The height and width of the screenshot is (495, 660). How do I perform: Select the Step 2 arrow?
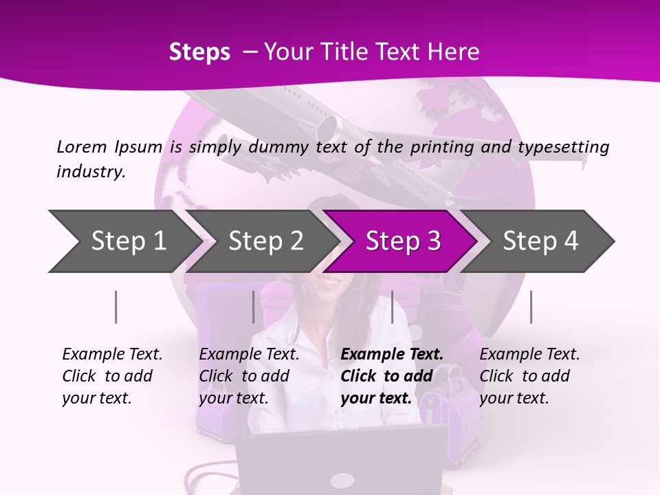pos(265,241)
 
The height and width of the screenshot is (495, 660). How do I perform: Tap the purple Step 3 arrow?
pos(403,241)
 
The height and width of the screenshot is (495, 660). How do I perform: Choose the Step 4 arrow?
pos(540,241)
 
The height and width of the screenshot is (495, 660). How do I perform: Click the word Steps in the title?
pos(199,52)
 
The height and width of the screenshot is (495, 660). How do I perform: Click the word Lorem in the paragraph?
pos(81,146)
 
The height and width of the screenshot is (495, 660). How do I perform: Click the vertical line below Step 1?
pos(116,307)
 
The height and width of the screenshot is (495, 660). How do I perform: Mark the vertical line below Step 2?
pos(254,307)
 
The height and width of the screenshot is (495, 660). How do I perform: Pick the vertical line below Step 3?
pos(392,307)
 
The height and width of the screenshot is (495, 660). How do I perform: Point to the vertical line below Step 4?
pos(531,307)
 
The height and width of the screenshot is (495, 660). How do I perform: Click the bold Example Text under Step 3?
pos(392,355)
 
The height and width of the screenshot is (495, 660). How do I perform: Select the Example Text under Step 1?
pos(112,355)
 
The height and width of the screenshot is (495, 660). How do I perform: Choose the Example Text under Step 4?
pos(529,355)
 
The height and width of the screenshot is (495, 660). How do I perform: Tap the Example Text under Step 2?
pos(249,355)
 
